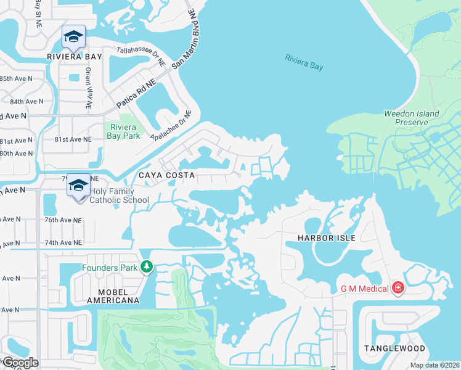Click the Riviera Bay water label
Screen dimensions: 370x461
tap(304, 63)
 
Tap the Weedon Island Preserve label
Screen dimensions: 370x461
tap(412, 118)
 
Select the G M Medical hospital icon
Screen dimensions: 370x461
tap(398, 288)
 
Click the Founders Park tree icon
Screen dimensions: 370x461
tap(147, 267)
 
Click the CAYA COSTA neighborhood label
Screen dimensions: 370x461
tap(166, 175)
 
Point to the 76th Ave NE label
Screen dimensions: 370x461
tap(63, 220)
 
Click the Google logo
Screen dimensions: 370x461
tap(20, 363)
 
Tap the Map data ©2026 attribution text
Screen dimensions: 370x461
tap(433, 365)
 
